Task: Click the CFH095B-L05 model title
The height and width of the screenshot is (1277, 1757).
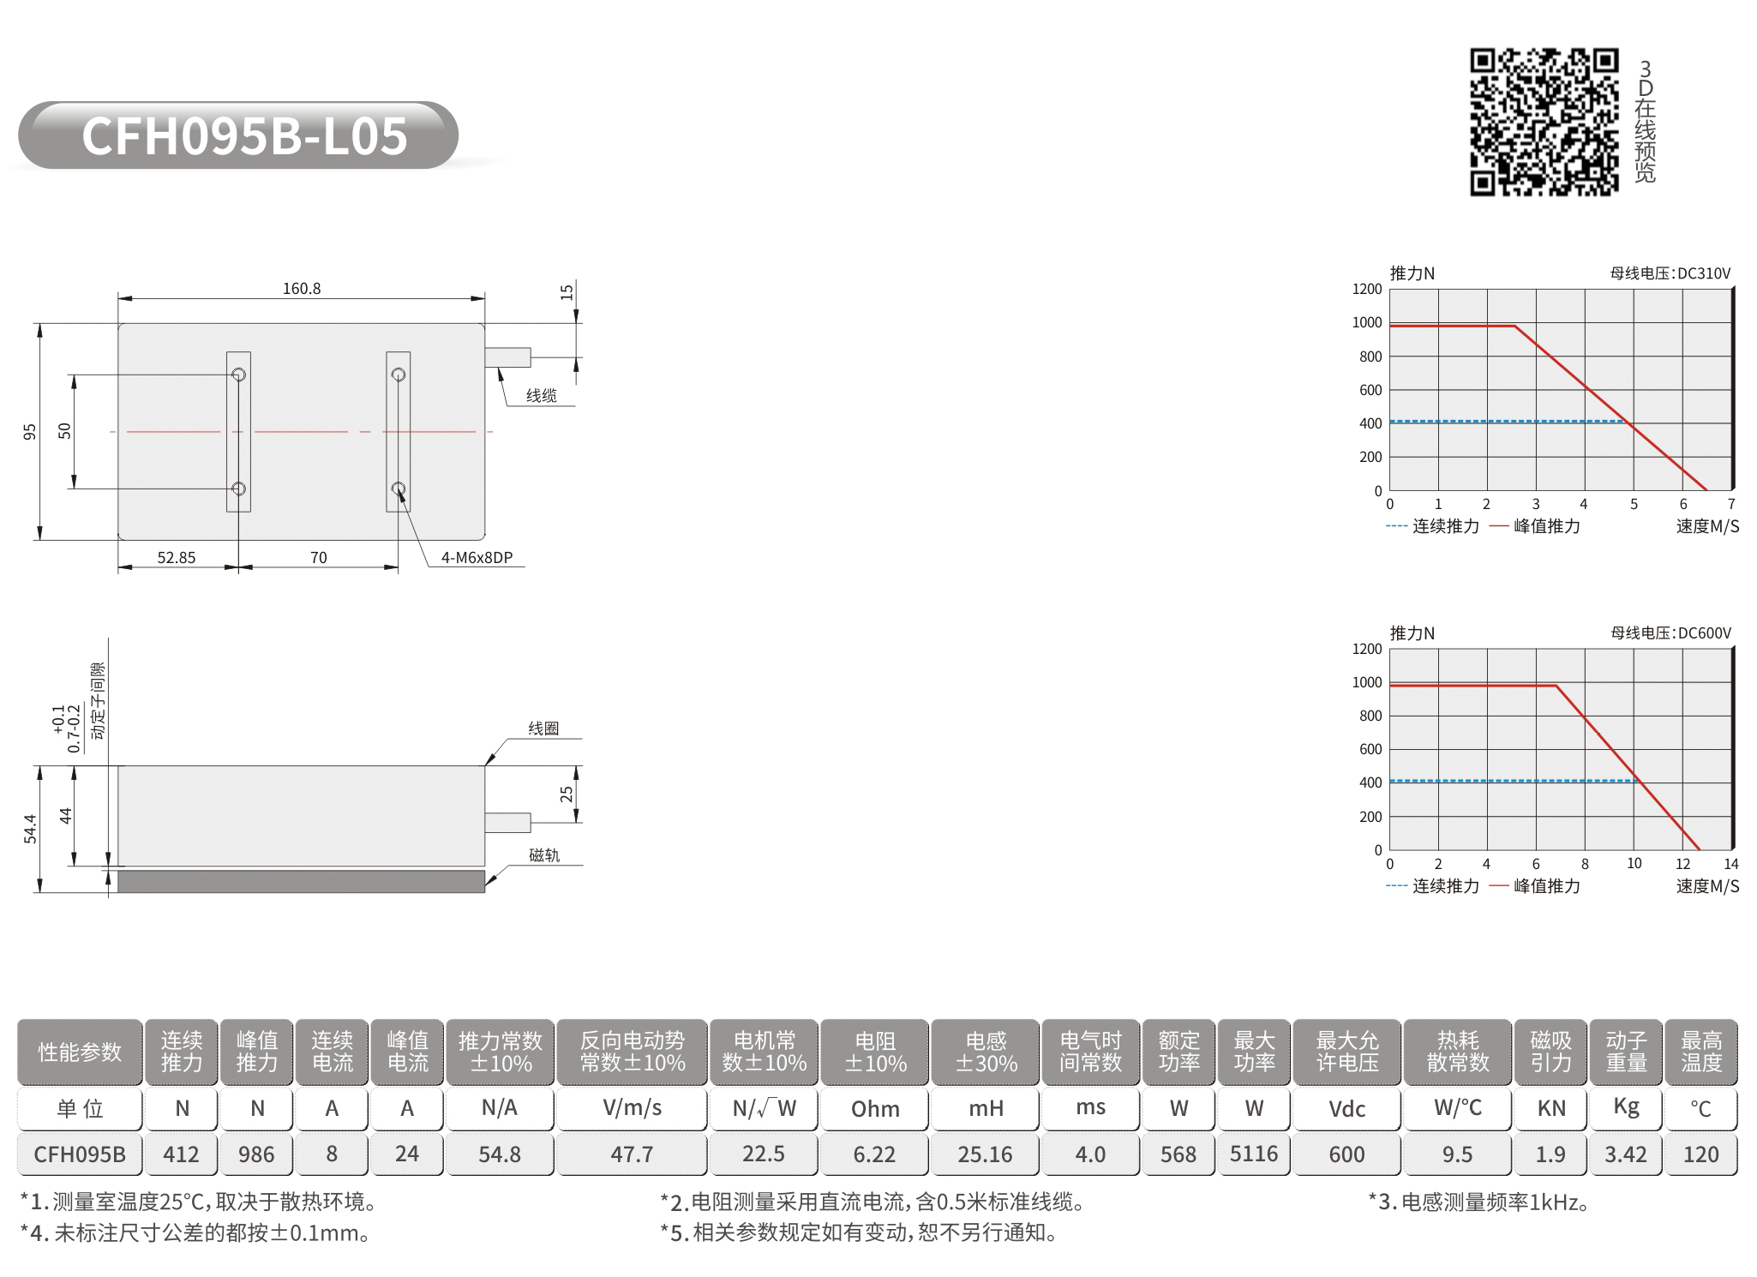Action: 244,135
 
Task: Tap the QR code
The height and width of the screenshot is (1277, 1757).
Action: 1544,122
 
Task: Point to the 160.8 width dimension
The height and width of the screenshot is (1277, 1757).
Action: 302,288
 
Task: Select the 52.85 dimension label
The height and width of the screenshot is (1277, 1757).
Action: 177,557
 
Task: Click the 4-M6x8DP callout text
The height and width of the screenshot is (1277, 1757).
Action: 477,557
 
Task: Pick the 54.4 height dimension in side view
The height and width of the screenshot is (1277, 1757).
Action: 30,829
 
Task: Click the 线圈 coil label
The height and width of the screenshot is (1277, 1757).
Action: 543,728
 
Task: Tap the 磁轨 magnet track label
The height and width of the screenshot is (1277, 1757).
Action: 543,854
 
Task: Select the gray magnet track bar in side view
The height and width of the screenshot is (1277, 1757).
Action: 301,881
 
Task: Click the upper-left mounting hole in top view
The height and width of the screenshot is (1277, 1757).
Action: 239,375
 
